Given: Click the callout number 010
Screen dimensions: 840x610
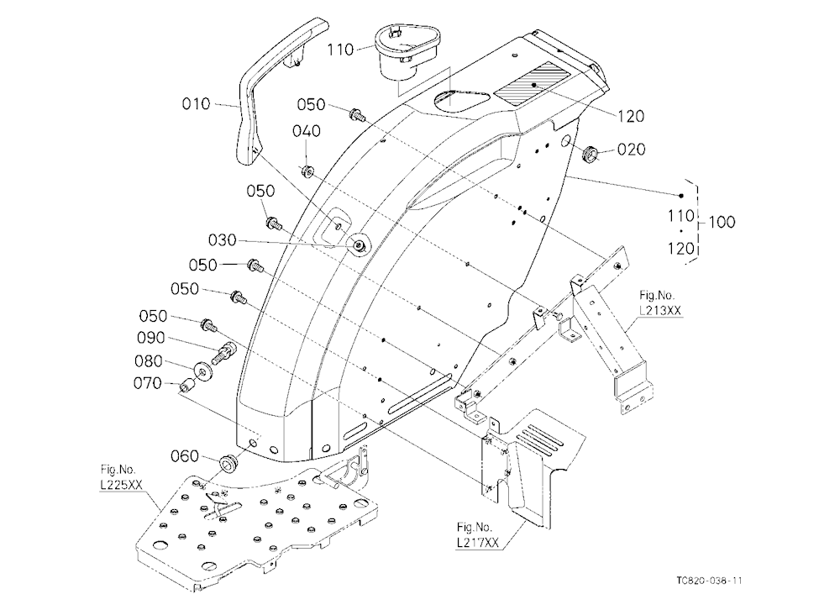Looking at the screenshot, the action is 196,103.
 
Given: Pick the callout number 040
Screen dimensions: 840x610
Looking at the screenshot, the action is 307,131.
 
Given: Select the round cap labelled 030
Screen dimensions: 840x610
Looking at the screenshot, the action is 358,245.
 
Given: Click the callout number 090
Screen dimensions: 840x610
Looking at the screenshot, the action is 151,339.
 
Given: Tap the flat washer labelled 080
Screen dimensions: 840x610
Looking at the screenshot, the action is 203,371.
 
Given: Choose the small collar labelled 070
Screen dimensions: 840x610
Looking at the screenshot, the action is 187,385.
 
